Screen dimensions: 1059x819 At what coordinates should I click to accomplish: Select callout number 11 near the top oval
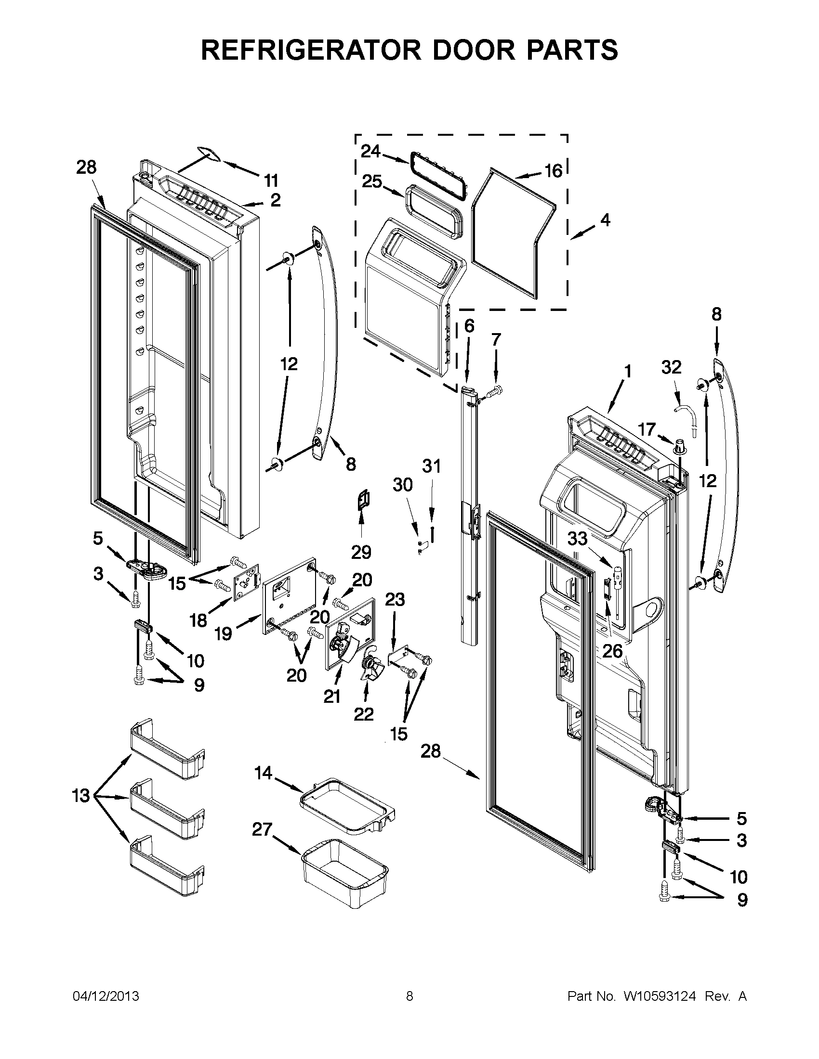271,181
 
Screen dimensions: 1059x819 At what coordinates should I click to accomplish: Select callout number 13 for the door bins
81,796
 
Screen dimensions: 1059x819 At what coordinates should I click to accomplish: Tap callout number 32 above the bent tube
671,367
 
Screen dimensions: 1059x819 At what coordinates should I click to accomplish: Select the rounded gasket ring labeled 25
433,212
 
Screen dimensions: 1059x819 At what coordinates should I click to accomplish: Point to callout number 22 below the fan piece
363,714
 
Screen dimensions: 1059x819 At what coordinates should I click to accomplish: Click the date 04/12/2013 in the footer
106,996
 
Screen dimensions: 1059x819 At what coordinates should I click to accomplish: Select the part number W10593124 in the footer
660,996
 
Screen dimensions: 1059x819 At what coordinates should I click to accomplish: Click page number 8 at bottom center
409,996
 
